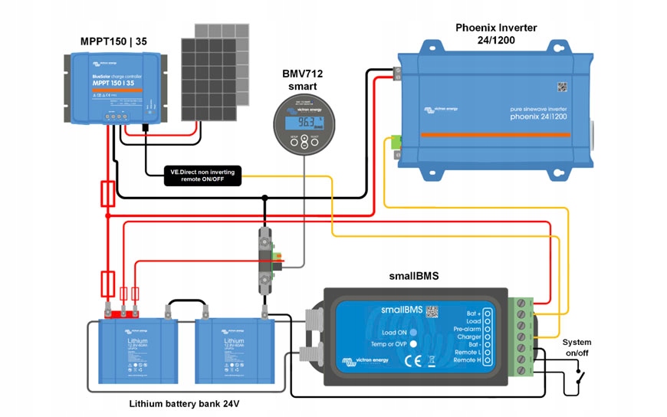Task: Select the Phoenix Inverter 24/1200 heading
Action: (x=496, y=34)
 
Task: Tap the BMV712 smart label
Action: (x=303, y=80)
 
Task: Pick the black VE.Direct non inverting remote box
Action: (x=203, y=176)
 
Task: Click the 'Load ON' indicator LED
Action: (x=412, y=332)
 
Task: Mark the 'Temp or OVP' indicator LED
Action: (x=412, y=344)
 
